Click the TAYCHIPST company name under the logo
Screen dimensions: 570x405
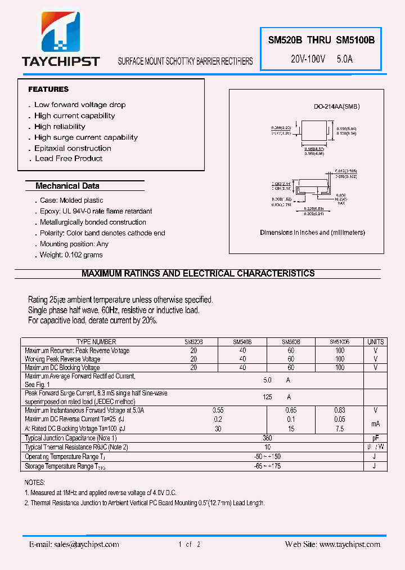61,61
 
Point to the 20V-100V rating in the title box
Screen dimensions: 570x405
308,59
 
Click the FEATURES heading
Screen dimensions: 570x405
48,89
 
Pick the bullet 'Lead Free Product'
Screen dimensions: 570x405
69,159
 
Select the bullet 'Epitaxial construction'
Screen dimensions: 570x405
73,148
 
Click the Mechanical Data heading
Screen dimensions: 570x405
67,186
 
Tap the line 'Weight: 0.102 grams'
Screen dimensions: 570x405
71,255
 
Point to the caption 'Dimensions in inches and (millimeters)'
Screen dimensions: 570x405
312,233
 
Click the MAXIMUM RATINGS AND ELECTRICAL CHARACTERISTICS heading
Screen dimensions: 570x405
198,274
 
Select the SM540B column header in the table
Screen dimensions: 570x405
242,342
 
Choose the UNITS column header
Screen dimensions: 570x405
375,342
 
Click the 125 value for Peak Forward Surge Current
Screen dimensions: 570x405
268,397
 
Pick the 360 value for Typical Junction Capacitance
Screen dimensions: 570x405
268,438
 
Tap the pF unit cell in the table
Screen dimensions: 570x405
375,438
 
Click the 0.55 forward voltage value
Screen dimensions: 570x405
218,411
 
